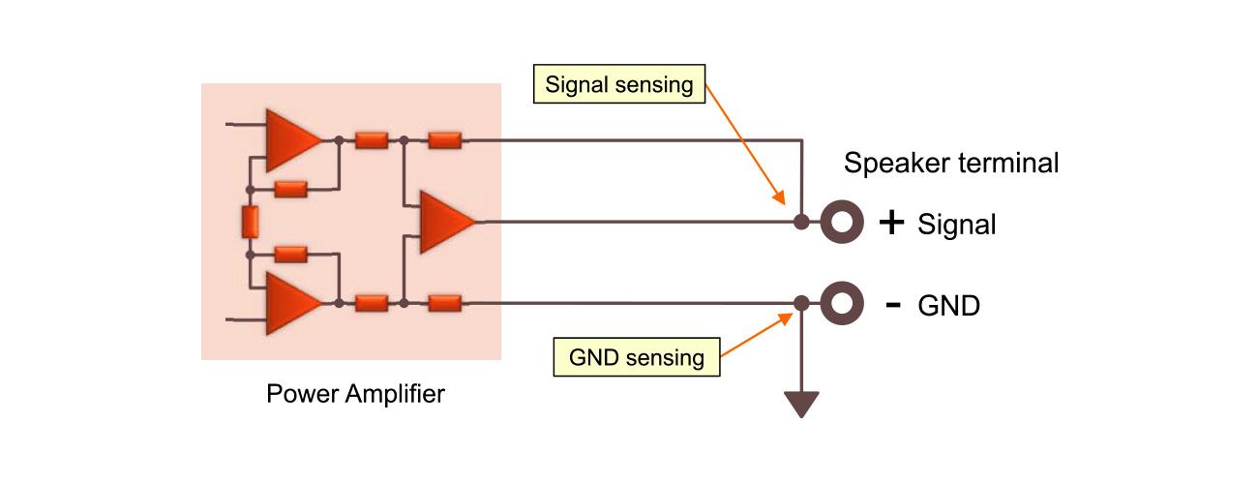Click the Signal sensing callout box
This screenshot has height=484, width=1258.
click(x=619, y=84)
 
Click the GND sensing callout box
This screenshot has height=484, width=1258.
click(x=637, y=357)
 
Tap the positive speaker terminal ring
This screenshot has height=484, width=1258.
click(x=842, y=223)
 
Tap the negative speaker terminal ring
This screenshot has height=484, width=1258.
click(x=842, y=304)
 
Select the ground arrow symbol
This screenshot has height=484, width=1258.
click(x=801, y=403)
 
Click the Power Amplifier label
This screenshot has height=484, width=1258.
click(x=355, y=394)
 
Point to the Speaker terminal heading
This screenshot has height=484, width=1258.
click(x=951, y=163)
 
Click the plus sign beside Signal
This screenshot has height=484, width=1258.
click(x=891, y=224)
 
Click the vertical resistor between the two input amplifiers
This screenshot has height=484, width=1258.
click(x=250, y=222)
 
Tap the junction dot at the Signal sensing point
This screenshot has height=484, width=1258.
click(x=801, y=223)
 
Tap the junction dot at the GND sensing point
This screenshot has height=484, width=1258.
click(x=801, y=304)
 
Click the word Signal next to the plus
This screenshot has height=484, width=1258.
click(x=957, y=225)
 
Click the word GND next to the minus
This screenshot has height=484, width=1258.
click(x=948, y=306)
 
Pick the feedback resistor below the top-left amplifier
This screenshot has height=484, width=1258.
click(x=290, y=189)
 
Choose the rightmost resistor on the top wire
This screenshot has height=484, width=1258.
click(x=444, y=140)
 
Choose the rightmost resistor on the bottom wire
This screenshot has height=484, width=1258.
click(x=444, y=303)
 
